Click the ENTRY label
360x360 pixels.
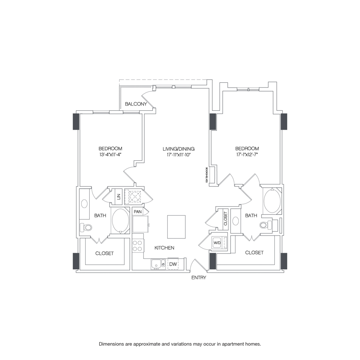tap(198, 278)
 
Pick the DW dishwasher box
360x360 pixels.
tap(173, 264)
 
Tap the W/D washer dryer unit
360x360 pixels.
tap(217, 242)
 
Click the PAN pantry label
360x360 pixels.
tap(138, 212)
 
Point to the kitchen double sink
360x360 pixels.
tap(158, 264)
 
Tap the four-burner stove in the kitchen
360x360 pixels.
tap(138, 245)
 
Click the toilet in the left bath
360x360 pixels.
tap(87, 228)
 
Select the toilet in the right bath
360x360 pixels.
tap(264, 226)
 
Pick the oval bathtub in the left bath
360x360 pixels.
tap(120, 221)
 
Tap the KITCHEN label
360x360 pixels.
tap(164, 248)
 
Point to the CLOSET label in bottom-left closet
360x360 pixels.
tap(104, 253)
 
